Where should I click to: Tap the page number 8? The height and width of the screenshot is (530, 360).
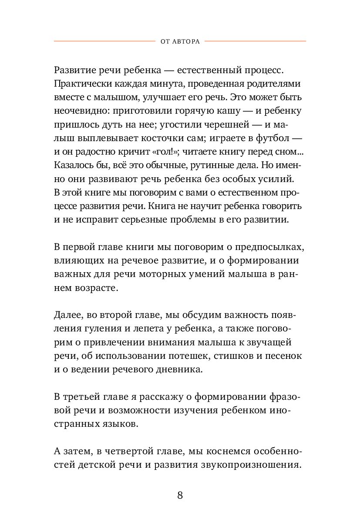[180, 495]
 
